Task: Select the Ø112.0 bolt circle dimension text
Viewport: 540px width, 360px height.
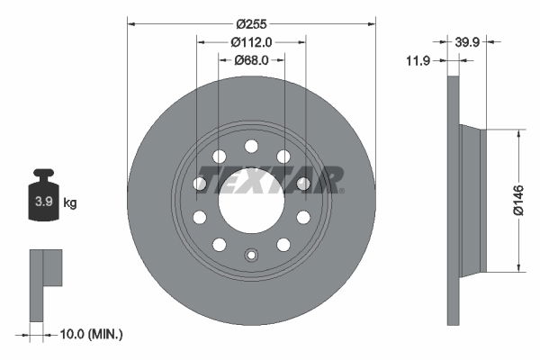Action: click(x=251, y=42)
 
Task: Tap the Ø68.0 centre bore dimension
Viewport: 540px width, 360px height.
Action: click(x=251, y=60)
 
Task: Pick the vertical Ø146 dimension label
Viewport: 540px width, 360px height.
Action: click(x=517, y=200)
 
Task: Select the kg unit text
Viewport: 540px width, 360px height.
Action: click(x=69, y=203)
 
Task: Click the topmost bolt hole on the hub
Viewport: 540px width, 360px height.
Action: click(x=251, y=146)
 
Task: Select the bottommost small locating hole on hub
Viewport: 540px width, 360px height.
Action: click(x=251, y=255)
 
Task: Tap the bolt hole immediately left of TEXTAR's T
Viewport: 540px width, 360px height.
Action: click(x=200, y=184)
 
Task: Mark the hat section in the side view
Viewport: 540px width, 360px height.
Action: click(x=472, y=200)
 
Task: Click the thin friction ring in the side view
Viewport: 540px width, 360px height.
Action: click(x=453, y=200)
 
